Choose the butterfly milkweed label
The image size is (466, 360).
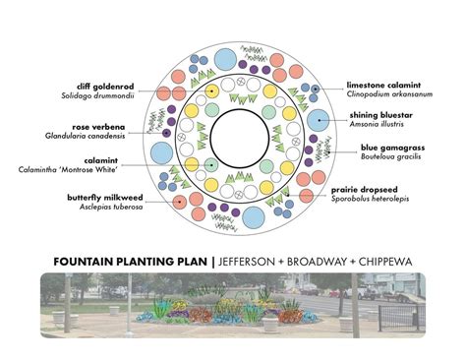(x=99, y=198)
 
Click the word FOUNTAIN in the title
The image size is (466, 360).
(x=90, y=262)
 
